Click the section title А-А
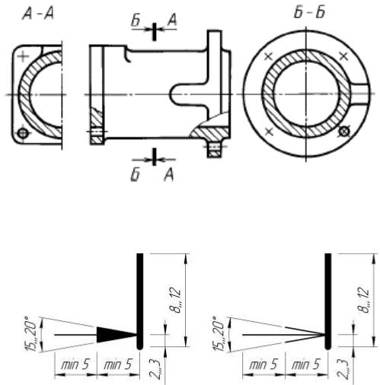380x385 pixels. coord(38,13)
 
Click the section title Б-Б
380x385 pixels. coord(310,12)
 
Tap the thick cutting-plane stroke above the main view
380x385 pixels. coord(155,31)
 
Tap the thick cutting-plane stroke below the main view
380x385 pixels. coord(154,157)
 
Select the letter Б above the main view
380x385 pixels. coord(136,21)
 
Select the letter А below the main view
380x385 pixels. coord(169,175)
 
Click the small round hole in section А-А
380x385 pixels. coord(23,132)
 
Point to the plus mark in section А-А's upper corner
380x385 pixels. coord(24,56)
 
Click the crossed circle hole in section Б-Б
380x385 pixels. coord(344,132)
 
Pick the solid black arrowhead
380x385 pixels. coord(117,335)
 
